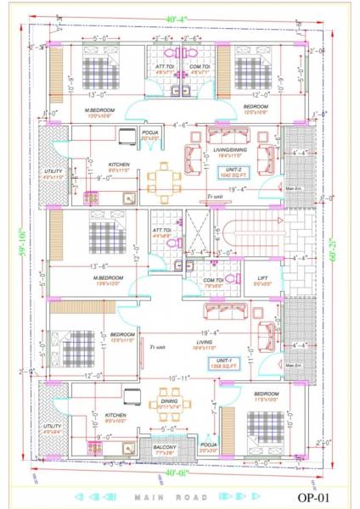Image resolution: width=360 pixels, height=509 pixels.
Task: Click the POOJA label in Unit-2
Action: point(150,135)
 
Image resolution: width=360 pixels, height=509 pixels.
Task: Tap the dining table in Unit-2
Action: point(164,179)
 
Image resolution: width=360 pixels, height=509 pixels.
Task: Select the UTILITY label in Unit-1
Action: point(53,426)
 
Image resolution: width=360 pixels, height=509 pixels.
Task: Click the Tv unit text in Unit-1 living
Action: point(157,347)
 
